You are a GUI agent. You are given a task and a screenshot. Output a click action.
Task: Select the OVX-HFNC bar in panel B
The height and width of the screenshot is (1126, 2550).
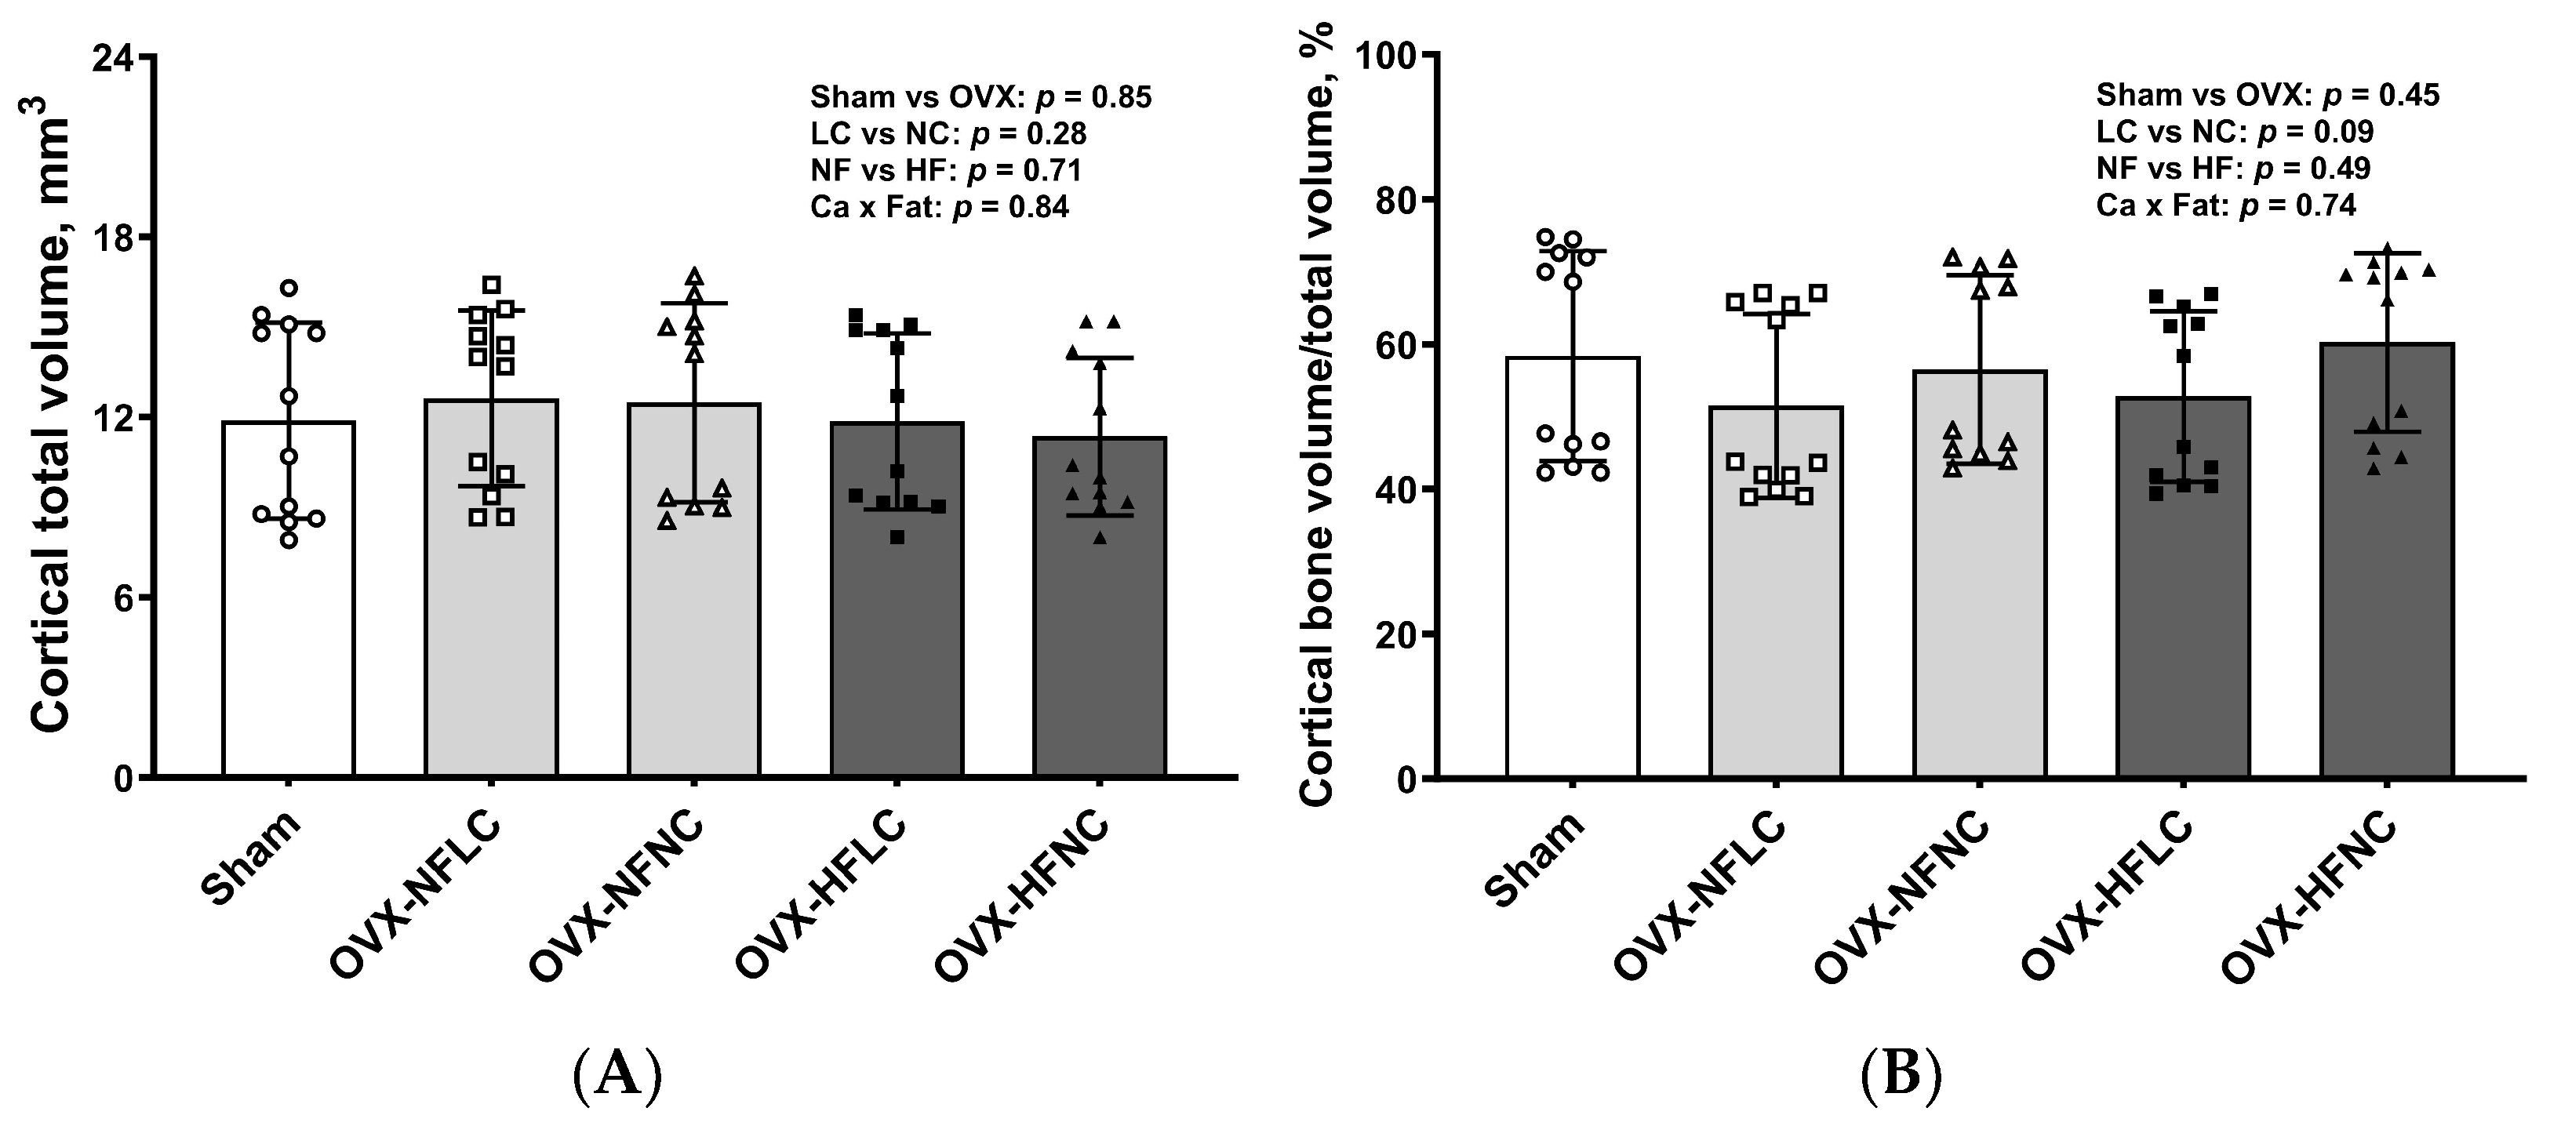(2387, 594)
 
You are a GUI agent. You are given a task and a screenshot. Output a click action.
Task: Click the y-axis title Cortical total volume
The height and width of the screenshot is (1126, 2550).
(49, 426)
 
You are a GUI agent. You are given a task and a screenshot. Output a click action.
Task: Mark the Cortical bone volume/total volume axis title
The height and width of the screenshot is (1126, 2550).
(1317, 416)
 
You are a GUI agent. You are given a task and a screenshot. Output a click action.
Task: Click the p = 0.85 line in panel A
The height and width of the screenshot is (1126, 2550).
(980, 97)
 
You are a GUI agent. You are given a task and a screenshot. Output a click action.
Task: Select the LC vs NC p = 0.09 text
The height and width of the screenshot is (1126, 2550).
(2234, 132)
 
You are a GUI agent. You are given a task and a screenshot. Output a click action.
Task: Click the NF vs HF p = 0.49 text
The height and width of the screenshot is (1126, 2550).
(2232, 169)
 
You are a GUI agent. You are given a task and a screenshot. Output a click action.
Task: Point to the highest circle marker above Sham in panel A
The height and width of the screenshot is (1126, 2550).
(289, 288)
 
